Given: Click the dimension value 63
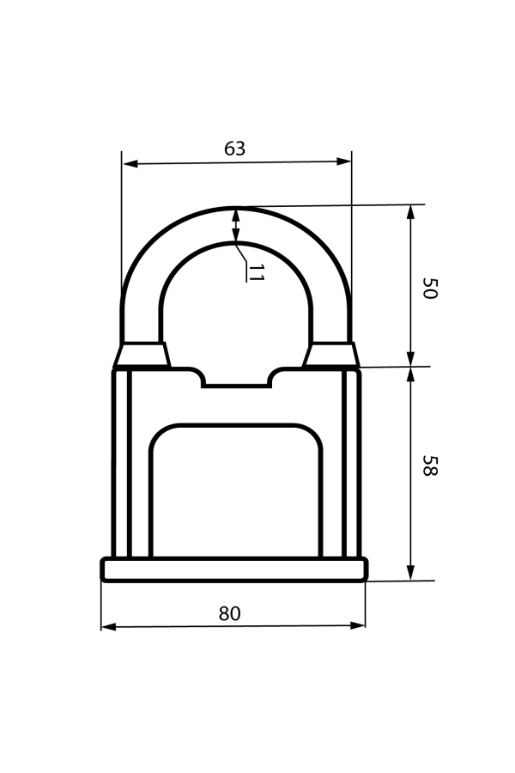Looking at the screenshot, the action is click(x=234, y=149).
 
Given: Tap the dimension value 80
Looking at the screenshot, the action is click(x=230, y=614).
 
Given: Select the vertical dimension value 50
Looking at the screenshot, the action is click(x=430, y=289).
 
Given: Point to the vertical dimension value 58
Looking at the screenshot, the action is click(x=430, y=466).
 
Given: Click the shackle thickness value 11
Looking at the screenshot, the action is click(x=256, y=273).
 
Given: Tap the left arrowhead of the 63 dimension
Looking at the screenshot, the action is click(x=130, y=164).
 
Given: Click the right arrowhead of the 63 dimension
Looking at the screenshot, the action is click(x=343, y=161).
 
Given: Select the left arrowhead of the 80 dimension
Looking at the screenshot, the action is click(x=109, y=627).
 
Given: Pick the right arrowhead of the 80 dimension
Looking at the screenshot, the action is click(x=358, y=625).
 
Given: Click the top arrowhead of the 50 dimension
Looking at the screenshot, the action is click(x=410, y=212).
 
